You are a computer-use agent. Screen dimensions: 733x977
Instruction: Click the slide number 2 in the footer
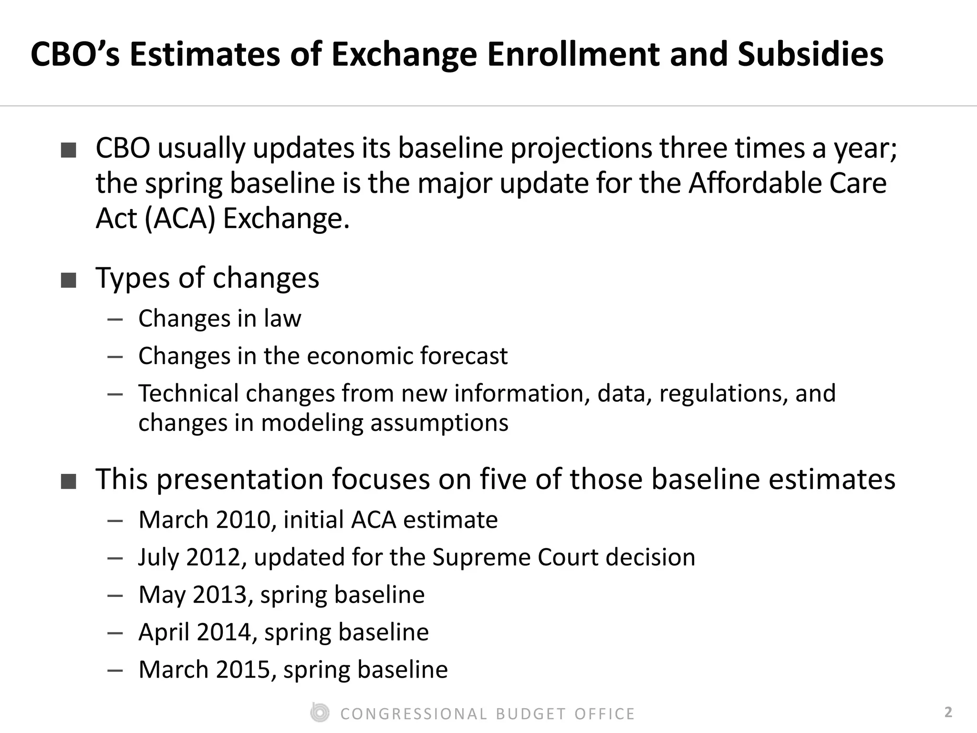[x=948, y=712]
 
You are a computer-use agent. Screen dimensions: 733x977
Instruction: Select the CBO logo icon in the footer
[x=320, y=713]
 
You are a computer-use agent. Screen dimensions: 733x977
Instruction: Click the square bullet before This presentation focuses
[x=69, y=482]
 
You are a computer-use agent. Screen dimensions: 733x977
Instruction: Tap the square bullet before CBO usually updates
[x=69, y=150]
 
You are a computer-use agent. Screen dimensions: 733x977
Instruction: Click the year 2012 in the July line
[x=213, y=557]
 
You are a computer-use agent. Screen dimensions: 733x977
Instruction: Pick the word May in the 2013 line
[x=162, y=595]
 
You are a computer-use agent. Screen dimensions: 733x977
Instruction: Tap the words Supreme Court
[x=515, y=557]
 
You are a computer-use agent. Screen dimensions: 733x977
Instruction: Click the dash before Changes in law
[x=115, y=319]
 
